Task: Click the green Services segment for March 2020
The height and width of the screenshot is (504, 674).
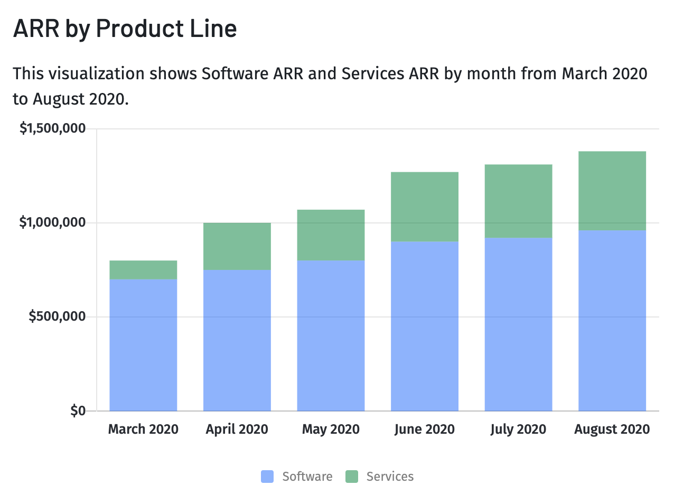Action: point(143,269)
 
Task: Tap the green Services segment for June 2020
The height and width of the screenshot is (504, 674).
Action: point(424,207)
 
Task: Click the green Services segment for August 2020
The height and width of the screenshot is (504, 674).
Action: point(612,191)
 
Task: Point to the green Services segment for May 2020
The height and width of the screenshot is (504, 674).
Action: point(331,235)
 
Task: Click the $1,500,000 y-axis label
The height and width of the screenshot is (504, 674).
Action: point(52,128)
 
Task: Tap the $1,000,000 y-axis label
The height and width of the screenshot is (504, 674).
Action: point(52,222)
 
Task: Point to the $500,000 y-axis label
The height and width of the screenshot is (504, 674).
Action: point(57,316)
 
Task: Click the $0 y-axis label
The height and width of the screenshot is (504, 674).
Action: point(78,410)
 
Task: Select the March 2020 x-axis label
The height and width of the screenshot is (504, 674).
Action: point(143,429)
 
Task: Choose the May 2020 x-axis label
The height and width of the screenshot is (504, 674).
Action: point(331,429)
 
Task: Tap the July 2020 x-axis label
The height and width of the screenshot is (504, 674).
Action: point(518,429)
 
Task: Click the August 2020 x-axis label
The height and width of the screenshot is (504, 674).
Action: point(612,429)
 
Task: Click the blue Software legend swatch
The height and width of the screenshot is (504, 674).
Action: point(267,477)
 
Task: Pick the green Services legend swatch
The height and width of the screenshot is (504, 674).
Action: point(352,477)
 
